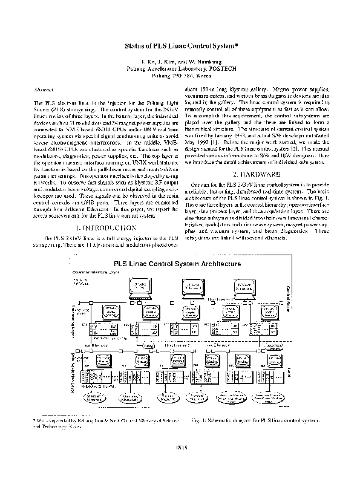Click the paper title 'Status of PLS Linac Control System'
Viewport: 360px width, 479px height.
(x=180, y=45)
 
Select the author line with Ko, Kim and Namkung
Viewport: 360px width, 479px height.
(x=180, y=63)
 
